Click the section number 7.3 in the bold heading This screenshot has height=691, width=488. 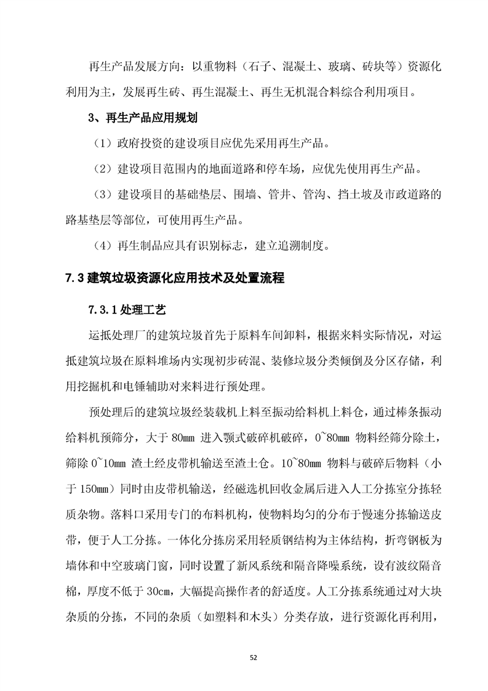[74, 278]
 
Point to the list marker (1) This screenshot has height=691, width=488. [102, 144]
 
